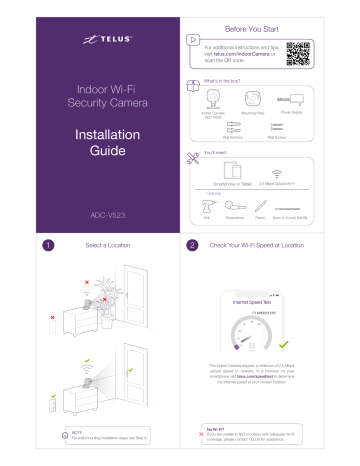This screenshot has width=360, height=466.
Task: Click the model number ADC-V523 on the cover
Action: tap(90, 213)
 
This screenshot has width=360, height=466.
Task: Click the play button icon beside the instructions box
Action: tap(196, 44)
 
